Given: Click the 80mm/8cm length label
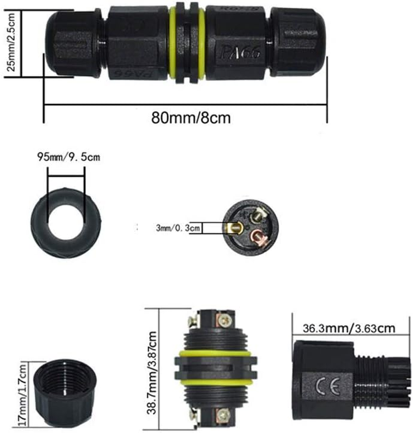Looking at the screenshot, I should (x=190, y=118).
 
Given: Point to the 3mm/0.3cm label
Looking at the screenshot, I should (x=172, y=227).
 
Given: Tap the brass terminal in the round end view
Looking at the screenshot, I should (x=235, y=228).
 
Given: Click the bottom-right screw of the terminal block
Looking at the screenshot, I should (x=224, y=412).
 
